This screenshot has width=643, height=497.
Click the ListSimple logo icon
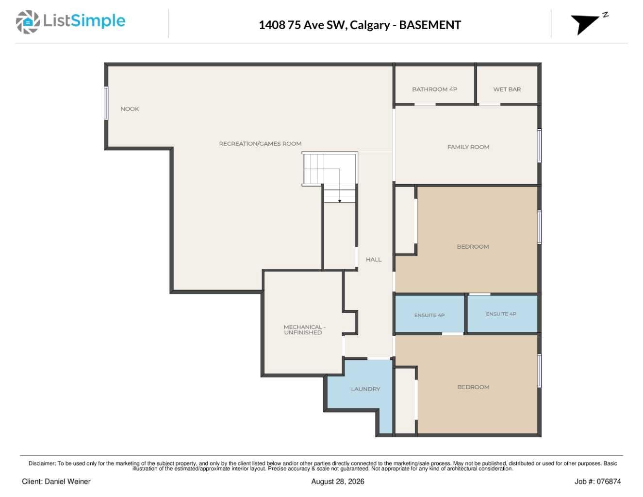(x=28, y=22)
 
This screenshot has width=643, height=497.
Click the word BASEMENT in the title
(x=429, y=25)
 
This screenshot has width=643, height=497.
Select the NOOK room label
(x=130, y=109)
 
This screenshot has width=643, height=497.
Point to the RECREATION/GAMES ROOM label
(x=260, y=144)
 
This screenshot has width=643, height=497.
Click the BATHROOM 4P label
(x=434, y=89)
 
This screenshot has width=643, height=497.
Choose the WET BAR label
(x=507, y=89)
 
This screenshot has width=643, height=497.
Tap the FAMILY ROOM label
(x=468, y=147)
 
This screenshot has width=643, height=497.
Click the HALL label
(x=374, y=259)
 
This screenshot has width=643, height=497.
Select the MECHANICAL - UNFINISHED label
(x=304, y=330)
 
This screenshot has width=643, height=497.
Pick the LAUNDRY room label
(x=365, y=389)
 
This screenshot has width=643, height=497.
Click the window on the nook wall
(x=106, y=103)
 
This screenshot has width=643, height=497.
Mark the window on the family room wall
(x=539, y=146)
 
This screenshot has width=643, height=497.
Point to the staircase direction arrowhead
(x=339, y=201)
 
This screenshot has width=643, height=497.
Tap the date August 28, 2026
(x=337, y=481)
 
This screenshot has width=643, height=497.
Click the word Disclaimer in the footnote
(x=42, y=463)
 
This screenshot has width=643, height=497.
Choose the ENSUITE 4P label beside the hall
(x=429, y=315)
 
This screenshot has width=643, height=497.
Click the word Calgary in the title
(x=370, y=25)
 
